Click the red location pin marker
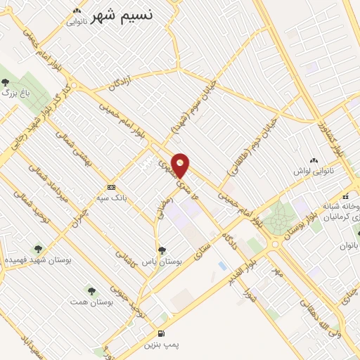point(181,165)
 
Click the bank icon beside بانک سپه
point(112,187)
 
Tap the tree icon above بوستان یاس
point(162,250)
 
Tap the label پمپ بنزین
point(162,346)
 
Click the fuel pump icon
point(162,333)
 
